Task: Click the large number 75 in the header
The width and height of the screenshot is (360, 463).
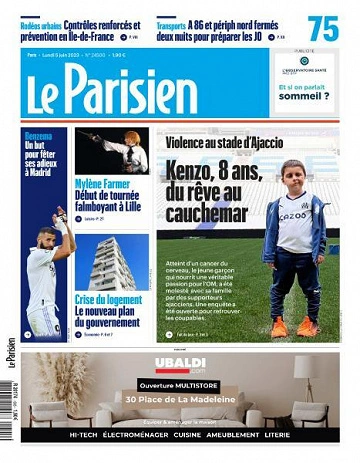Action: tap(323, 27)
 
